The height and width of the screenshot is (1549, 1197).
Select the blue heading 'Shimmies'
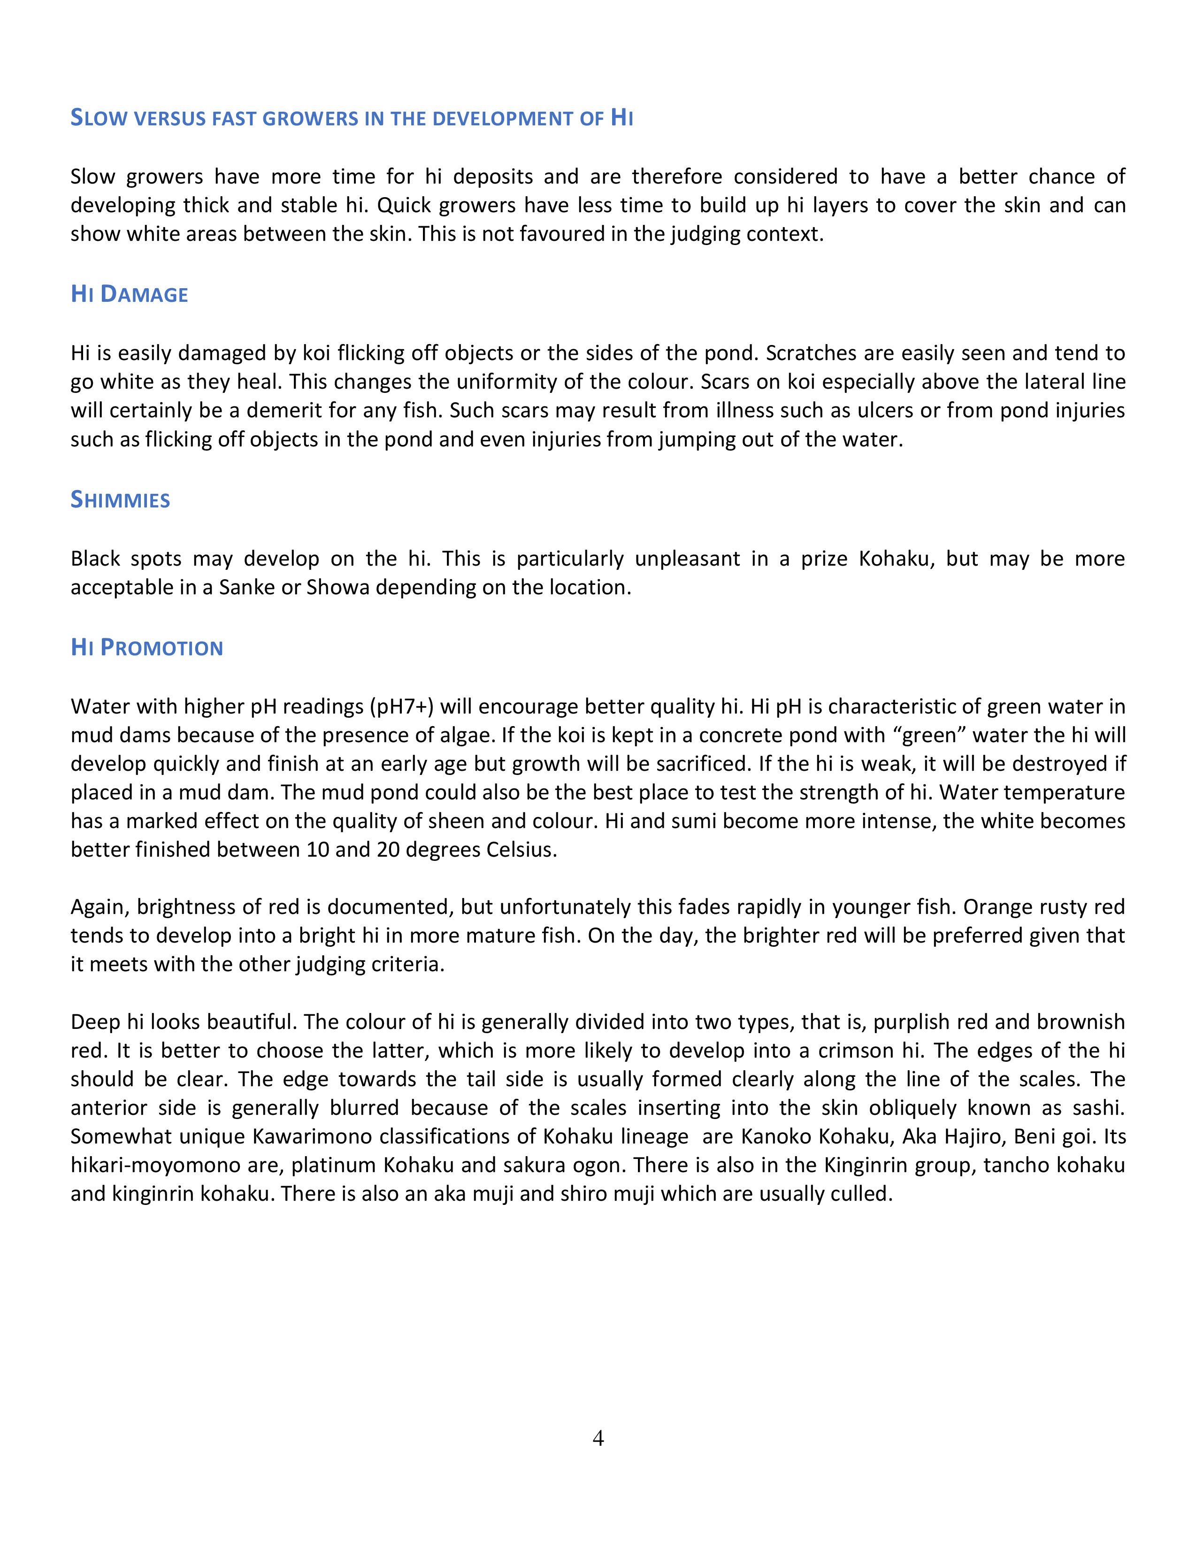(121, 500)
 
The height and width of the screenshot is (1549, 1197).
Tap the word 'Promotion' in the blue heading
(161, 648)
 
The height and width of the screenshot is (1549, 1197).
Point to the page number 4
(598, 1438)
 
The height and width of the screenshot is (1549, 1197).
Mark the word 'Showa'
(338, 587)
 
